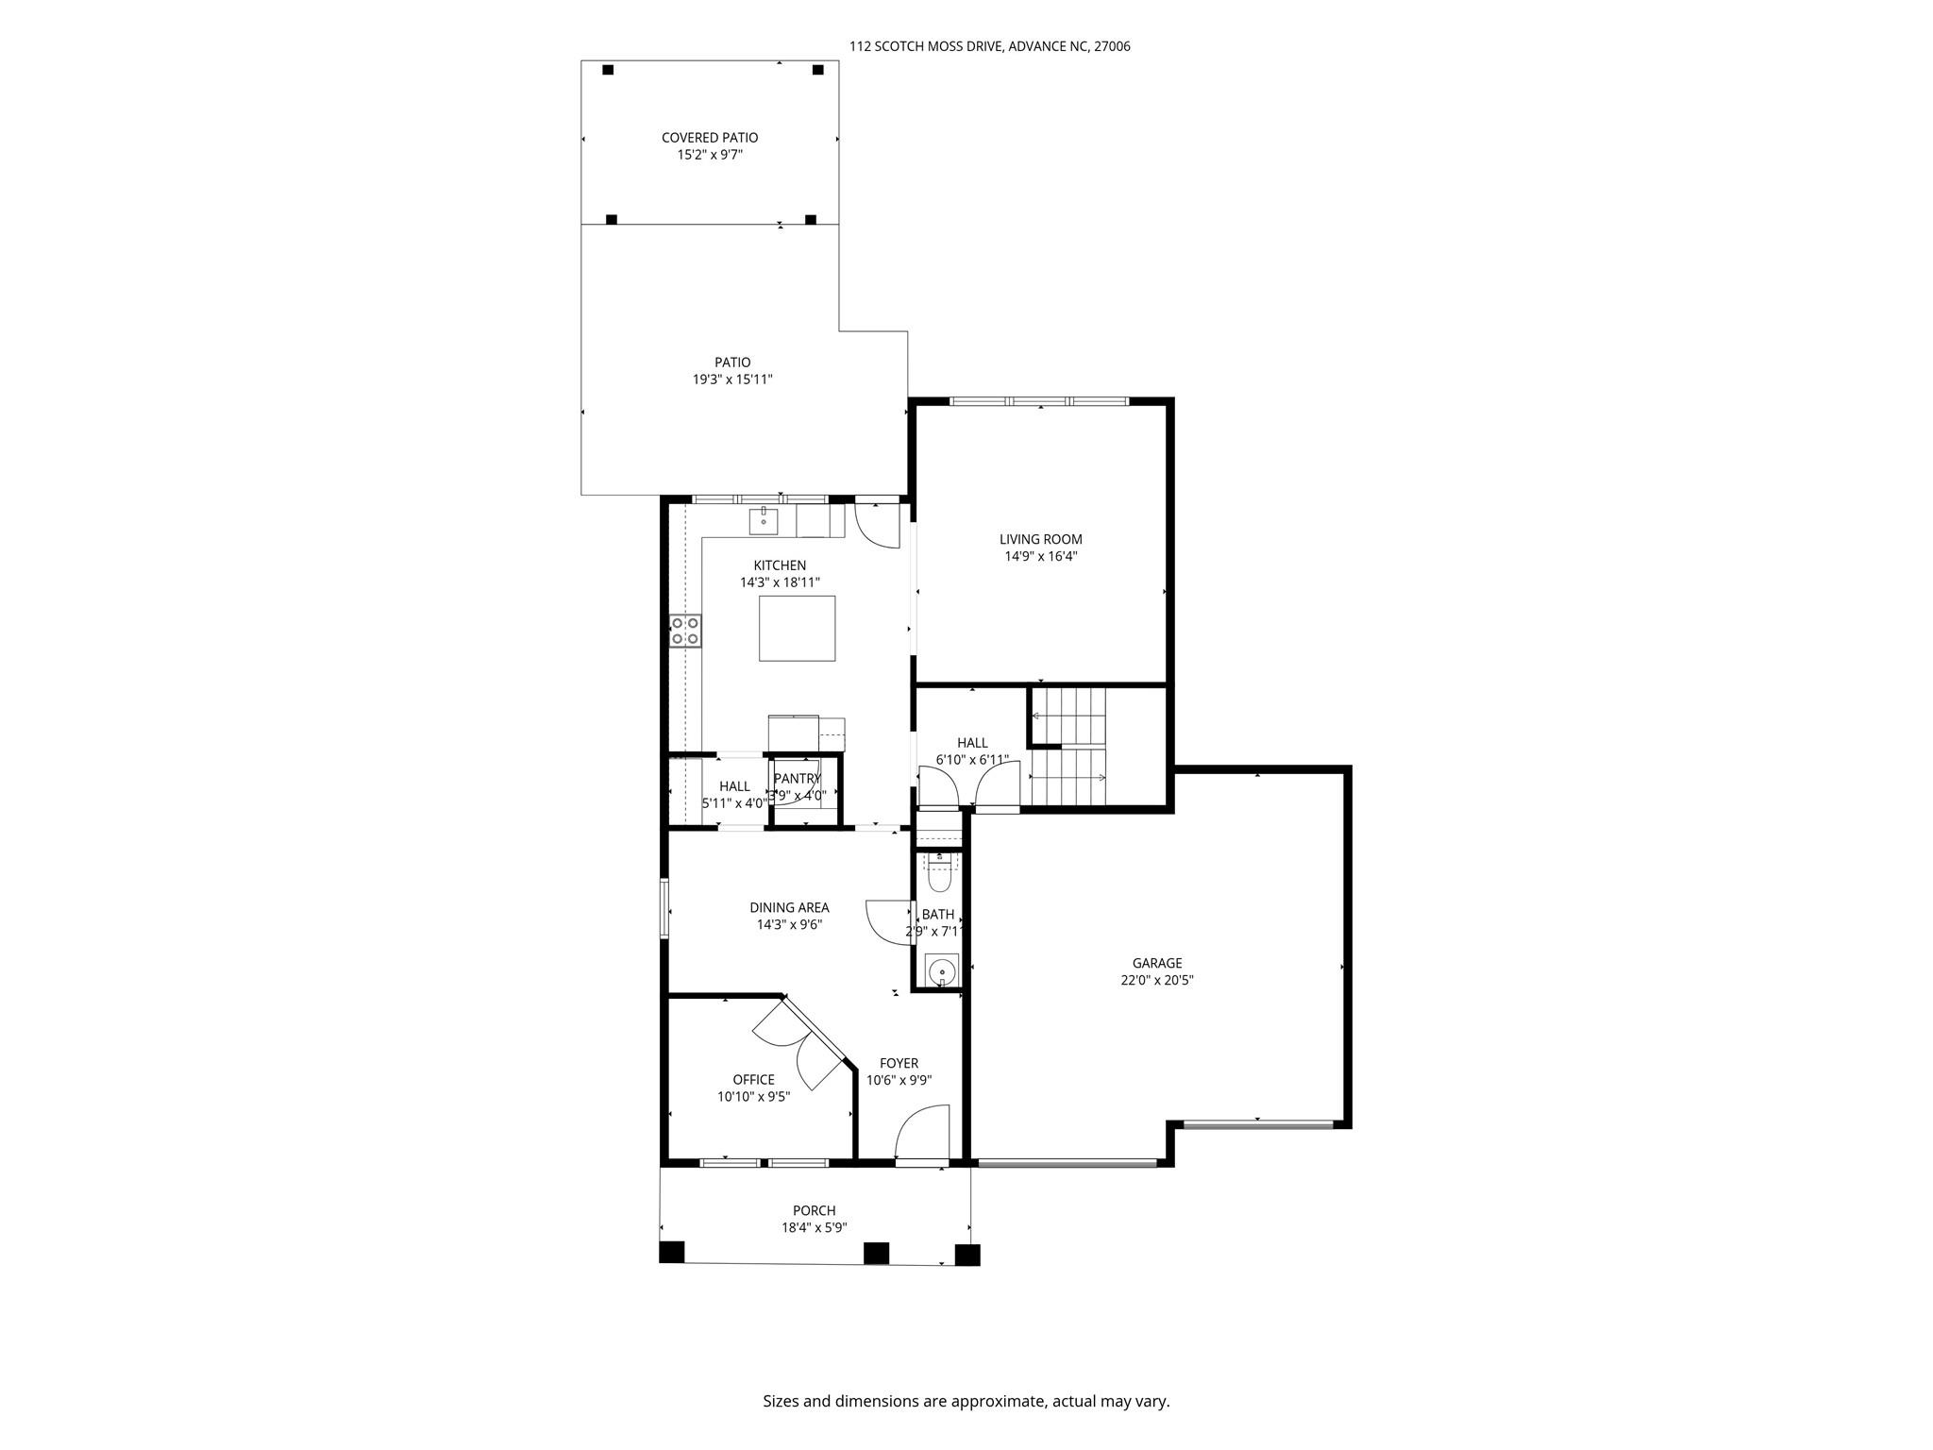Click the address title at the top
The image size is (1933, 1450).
989,45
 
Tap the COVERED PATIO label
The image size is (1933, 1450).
710,138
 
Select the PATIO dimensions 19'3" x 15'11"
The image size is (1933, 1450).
732,379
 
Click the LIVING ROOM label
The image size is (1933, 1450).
1040,539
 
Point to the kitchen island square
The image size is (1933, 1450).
797,628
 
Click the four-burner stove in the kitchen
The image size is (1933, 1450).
685,631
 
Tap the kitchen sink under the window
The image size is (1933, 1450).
763,519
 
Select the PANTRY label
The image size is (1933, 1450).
798,778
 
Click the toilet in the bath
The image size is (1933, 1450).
939,874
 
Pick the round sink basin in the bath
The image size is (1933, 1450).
941,970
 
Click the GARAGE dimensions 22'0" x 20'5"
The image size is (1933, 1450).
1157,980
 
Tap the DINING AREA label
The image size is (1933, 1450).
789,908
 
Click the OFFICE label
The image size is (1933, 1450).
753,1080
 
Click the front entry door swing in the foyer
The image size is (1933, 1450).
920,1133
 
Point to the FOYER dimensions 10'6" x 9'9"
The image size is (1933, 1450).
899,1080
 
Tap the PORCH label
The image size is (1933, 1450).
814,1210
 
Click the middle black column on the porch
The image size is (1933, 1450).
876,1253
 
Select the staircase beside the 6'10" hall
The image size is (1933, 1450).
1068,746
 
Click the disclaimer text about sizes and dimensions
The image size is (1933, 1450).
966,1401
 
